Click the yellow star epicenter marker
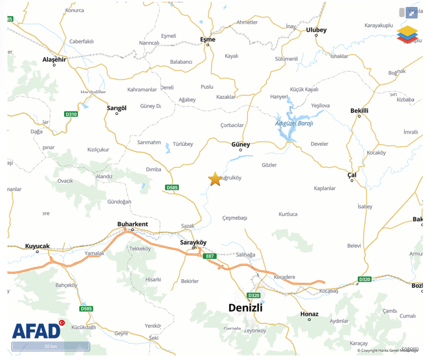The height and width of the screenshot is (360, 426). pos(215,179)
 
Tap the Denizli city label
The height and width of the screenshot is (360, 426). pos(245,307)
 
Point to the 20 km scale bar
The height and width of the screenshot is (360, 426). pos(51,346)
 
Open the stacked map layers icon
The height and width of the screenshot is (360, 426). pos(407,34)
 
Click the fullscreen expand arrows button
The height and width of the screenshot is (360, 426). pos(411,13)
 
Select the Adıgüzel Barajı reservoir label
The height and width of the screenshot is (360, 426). pos(294,123)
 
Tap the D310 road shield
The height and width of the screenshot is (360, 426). pos(72,114)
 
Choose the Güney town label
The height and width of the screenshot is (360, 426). pos(241,144)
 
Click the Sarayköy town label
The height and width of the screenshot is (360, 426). pos(193,242)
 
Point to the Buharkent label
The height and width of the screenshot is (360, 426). pos(132,224)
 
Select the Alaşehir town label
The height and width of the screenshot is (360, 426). pos(54,59)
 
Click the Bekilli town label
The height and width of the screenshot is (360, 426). pos(359,110)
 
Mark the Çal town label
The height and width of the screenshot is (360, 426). pos(352,174)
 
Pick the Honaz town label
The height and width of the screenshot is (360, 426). pos(309,314)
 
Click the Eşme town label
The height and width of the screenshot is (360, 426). pos(207,40)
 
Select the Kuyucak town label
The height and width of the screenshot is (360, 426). pos(38,246)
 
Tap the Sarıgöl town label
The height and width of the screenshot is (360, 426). pos(117,108)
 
